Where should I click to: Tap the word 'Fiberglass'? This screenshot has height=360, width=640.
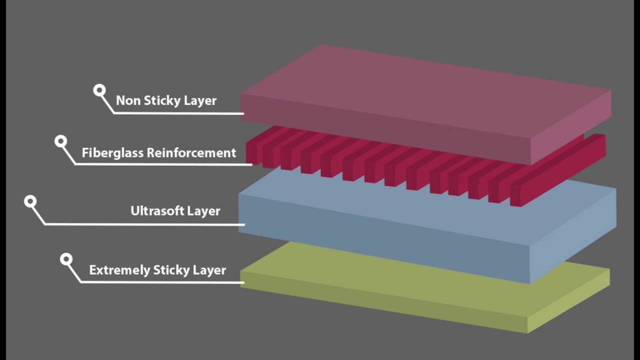tap(112, 152)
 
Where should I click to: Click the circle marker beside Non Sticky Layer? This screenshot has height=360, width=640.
tap(99, 90)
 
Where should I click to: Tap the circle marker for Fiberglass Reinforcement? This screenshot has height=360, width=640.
tap(61, 141)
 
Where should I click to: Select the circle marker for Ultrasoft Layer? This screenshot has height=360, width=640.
tap(30, 202)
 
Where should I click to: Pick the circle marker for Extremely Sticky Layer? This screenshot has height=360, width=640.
tap(66, 259)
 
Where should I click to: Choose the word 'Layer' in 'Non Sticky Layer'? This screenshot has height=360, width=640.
tap(200, 100)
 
